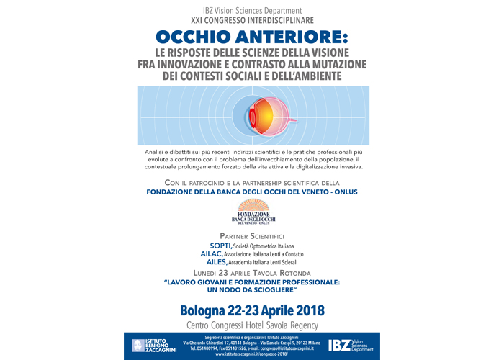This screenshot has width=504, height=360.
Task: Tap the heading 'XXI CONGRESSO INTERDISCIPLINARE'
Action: tap(251, 21)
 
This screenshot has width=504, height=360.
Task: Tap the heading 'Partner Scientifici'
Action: tap(251, 236)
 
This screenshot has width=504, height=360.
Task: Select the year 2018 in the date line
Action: tap(307, 310)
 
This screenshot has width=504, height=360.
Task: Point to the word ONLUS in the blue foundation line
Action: tap(340, 192)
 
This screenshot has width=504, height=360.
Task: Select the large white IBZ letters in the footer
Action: tap(343, 345)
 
